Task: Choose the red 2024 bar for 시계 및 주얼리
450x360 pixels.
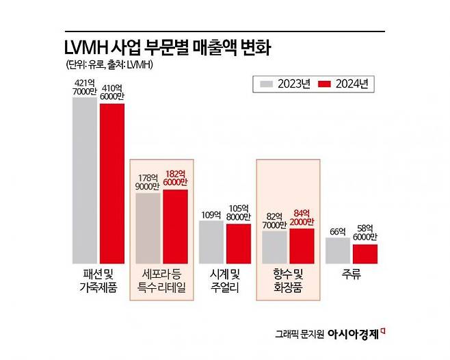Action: tap(238, 243)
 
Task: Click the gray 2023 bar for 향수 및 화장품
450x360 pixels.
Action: tap(274, 247)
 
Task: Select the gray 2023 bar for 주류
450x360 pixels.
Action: tap(337, 250)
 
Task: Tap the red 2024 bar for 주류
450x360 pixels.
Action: tap(365, 253)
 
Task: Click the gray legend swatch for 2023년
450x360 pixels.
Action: tap(268, 84)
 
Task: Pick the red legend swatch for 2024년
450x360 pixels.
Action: tap(326, 84)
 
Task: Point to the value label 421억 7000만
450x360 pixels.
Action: tap(85, 88)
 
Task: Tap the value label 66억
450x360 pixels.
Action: tap(336, 232)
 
